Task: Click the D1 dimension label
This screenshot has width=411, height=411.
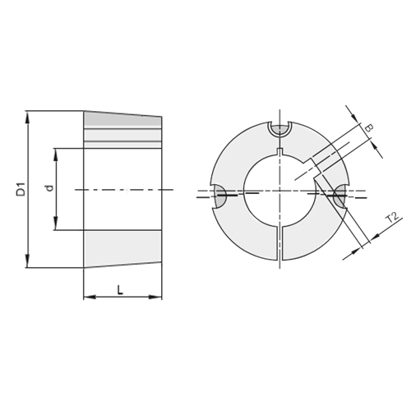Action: (x=21, y=189)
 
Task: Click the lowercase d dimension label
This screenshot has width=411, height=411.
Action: (x=49, y=188)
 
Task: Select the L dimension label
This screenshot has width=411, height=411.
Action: (x=120, y=290)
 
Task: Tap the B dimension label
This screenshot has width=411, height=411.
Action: (x=370, y=128)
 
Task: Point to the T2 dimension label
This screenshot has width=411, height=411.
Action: (x=392, y=218)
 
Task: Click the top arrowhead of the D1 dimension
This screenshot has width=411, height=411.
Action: (x=27, y=118)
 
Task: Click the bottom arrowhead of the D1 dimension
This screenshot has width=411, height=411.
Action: (x=27, y=261)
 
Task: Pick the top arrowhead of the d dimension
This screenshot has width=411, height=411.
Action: (x=56, y=155)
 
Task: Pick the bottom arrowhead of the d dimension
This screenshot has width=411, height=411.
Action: (x=56, y=223)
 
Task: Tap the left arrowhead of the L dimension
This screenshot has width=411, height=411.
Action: (x=90, y=297)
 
